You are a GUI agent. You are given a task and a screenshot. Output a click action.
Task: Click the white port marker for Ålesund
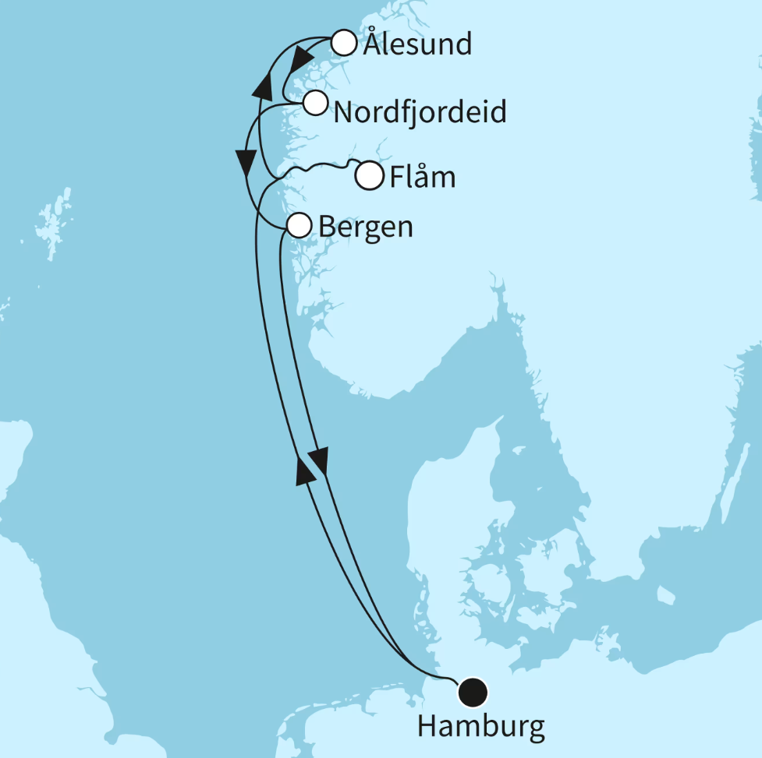(x=344, y=43)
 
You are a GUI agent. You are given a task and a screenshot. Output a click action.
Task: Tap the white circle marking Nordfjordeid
(x=315, y=102)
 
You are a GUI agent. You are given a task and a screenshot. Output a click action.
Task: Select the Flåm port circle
(x=369, y=176)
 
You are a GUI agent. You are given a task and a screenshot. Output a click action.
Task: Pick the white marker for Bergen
(x=299, y=226)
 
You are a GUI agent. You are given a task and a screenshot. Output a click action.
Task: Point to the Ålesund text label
(x=417, y=44)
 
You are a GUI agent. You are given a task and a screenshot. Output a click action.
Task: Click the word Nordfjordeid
(x=420, y=113)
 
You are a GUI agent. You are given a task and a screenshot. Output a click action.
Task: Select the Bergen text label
(x=366, y=227)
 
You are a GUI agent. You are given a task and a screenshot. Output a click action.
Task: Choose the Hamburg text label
(x=481, y=727)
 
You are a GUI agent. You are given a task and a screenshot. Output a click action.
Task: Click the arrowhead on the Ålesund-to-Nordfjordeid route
(x=296, y=62)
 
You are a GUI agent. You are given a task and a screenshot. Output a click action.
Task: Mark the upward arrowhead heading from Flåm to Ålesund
(x=264, y=85)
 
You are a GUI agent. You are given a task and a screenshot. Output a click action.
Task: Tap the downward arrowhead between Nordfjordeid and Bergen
(x=247, y=162)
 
